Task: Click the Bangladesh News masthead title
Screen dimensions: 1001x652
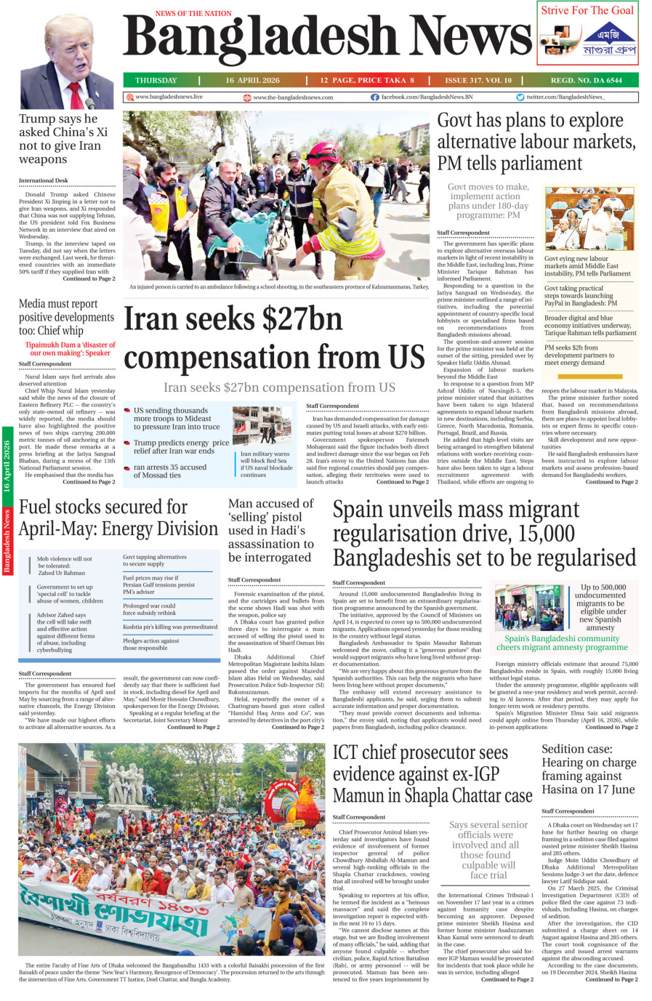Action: coord(327,38)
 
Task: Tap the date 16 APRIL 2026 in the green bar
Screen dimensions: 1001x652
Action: coord(252,81)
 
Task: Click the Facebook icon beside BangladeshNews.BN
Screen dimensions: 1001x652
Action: coord(374,97)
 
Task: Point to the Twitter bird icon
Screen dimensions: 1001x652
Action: coord(520,97)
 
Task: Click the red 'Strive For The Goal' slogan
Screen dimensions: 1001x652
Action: coord(587,10)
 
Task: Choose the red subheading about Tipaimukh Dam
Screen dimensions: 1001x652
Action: coord(70,349)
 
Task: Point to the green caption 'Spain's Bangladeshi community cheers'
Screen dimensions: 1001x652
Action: coord(562,643)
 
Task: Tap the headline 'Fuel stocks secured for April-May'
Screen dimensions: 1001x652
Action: coord(118,518)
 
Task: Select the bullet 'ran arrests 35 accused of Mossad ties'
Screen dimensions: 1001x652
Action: coord(169,471)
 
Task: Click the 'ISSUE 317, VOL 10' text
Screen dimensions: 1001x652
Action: coord(478,81)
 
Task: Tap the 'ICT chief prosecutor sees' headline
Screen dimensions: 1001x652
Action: coord(420,752)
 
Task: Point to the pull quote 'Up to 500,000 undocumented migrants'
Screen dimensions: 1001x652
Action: coord(603,607)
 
